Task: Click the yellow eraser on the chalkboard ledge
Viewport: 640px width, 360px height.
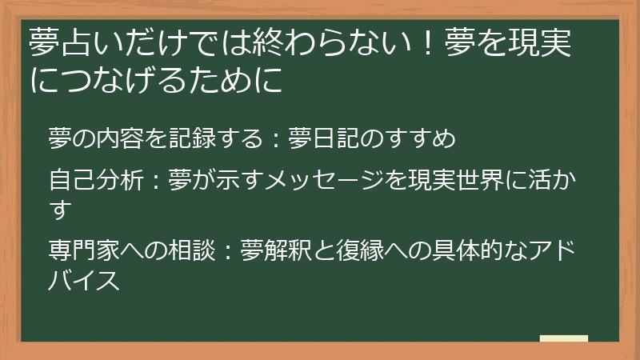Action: pos(564,338)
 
